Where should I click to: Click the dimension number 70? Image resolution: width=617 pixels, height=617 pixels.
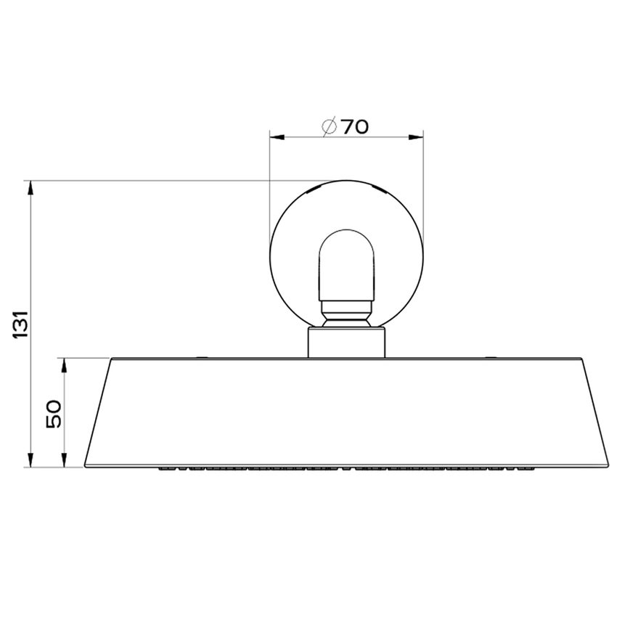354,127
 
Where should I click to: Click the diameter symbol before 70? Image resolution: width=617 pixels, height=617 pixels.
329,127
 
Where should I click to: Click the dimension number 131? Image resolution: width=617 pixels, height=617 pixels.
22,324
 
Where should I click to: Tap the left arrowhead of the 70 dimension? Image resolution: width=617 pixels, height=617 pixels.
274,136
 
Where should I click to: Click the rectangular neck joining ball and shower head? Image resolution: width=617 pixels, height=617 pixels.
346,342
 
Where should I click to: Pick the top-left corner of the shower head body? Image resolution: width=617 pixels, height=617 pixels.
111,359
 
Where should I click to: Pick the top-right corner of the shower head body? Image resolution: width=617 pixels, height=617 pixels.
582,359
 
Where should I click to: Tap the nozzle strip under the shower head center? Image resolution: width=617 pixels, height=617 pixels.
346,469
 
